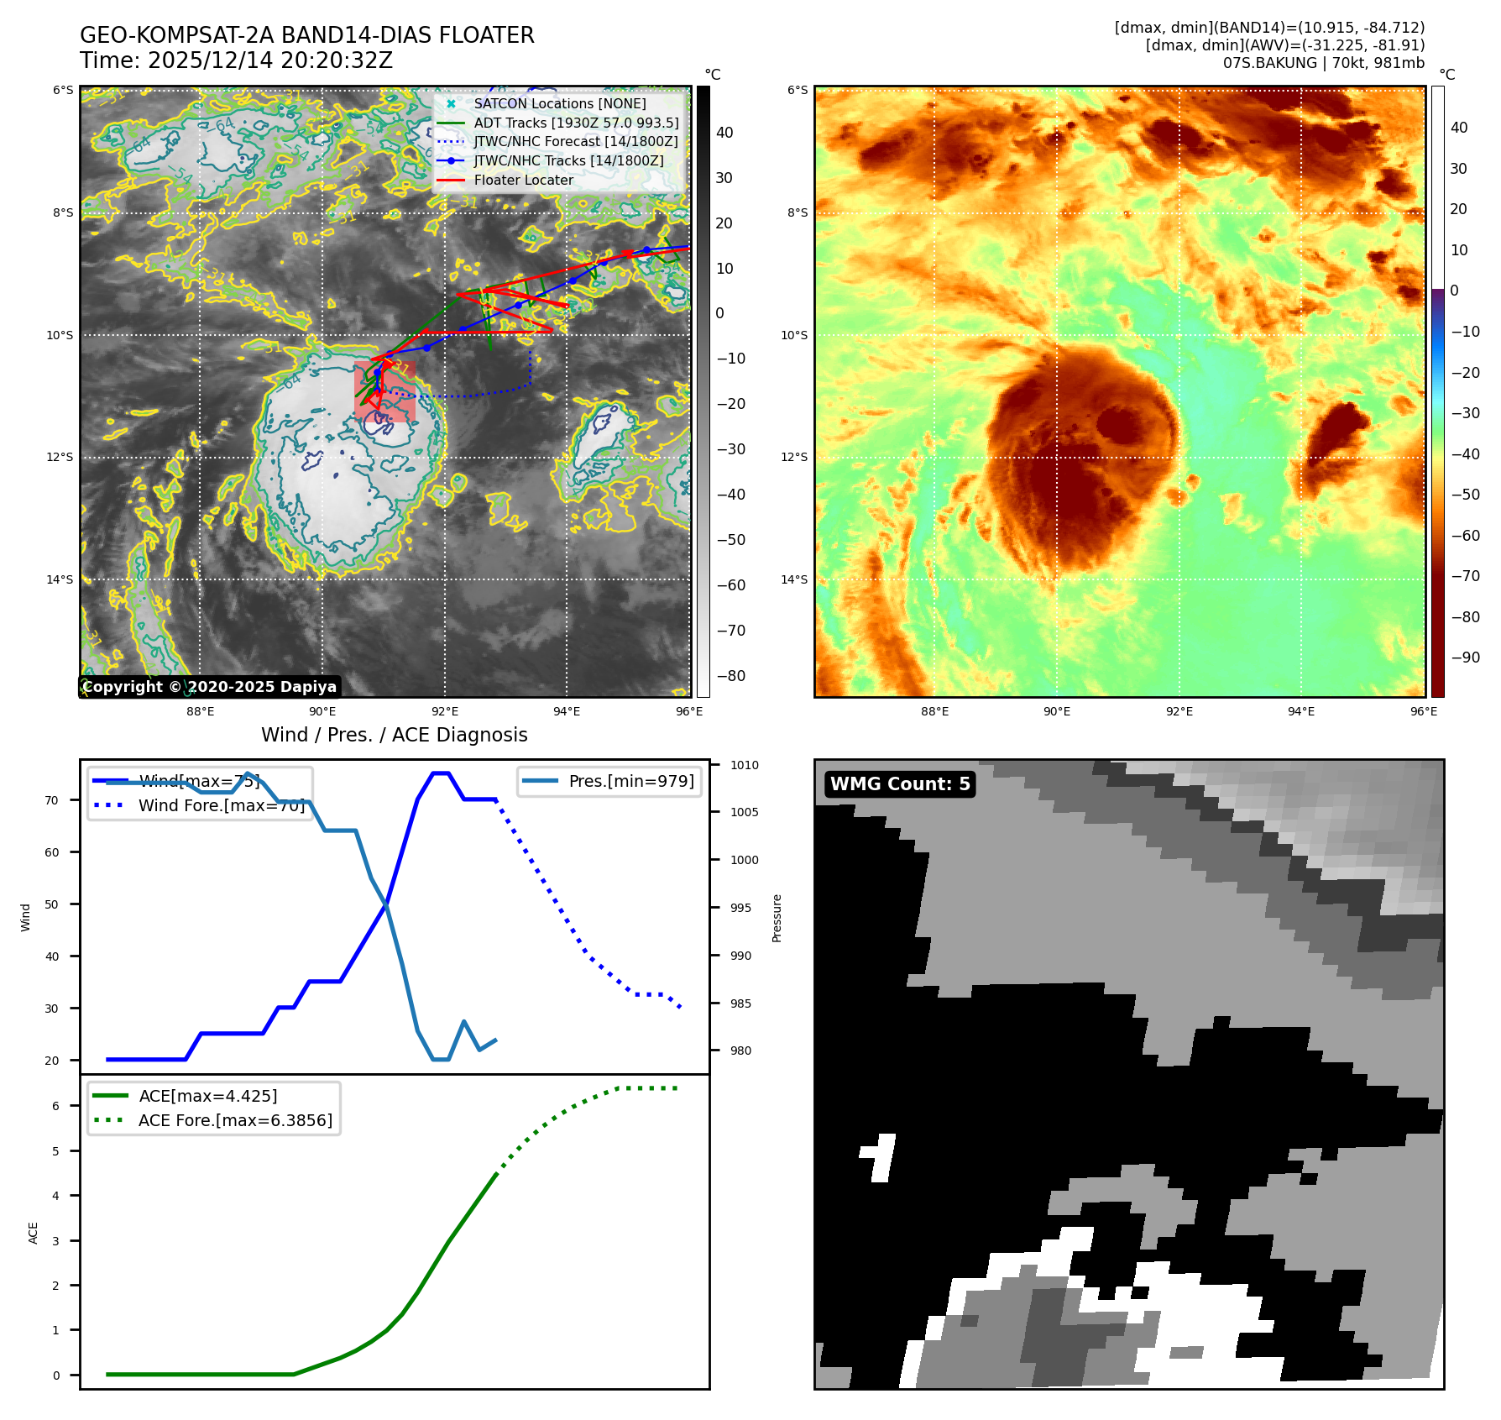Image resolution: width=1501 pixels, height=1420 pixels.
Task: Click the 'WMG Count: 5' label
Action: point(899,783)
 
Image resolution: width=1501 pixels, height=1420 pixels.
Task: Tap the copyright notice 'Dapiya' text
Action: point(308,687)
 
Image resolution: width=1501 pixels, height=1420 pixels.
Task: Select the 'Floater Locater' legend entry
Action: point(523,180)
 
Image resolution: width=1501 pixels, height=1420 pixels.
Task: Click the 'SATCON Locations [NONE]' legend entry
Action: point(559,103)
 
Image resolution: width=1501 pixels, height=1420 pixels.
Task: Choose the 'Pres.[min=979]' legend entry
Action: point(630,781)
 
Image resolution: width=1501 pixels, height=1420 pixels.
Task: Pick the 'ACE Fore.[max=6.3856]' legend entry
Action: point(235,1120)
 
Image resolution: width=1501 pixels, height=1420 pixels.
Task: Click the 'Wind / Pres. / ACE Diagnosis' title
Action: point(394,735)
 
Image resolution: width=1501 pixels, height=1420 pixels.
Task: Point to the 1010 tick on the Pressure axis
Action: point(744,765)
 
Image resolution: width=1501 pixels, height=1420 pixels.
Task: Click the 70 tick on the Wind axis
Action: point(52,800)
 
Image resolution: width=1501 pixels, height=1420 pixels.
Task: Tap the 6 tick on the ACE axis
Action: point(56,1106)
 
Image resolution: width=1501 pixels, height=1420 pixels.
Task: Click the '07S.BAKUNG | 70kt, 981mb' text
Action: point(1323,63)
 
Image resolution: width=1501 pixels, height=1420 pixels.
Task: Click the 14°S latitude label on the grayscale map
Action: point(60,579)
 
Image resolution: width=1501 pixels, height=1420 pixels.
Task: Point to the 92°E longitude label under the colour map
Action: point(1179,711)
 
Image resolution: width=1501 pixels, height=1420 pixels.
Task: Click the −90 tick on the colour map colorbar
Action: point(1465,658)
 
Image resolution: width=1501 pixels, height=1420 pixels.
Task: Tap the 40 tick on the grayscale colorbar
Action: point(724,133)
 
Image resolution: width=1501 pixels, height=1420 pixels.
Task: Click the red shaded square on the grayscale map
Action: point(384,390)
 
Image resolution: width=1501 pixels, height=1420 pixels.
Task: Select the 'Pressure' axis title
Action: point(777,918)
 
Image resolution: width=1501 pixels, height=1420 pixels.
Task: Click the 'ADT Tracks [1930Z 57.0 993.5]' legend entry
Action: point(576,123)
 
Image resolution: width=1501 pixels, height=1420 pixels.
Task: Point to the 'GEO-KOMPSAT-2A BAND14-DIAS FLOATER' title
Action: point(306,35)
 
